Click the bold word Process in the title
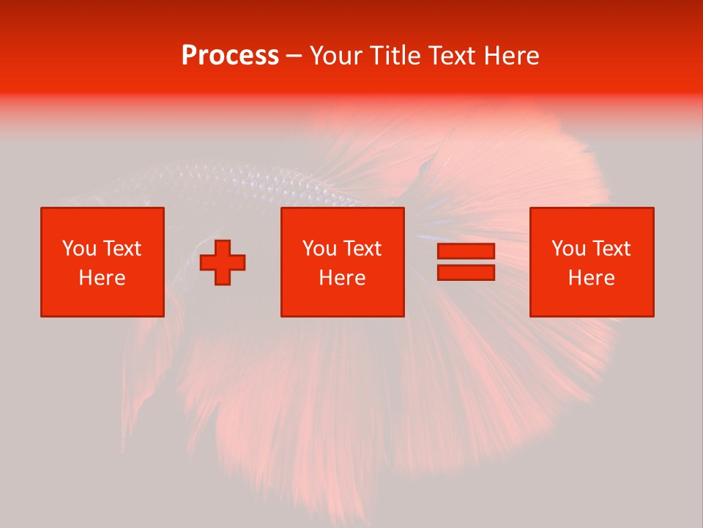point(230,56)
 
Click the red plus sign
point(223,263)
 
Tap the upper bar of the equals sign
point(466,252)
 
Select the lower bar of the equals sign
point(466,272)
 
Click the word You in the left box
point(79,249)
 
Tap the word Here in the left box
point(102,278)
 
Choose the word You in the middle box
point(319,249)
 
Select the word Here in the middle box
point(342,278)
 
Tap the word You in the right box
point(568,249)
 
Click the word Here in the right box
point(591,278)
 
